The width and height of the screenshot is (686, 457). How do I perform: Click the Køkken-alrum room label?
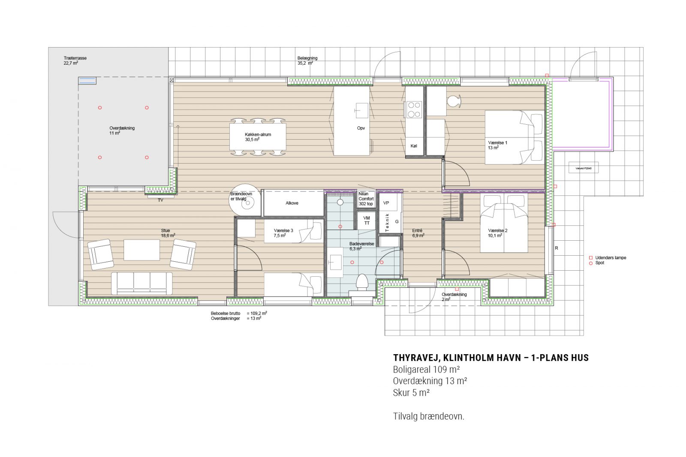coord(258,137)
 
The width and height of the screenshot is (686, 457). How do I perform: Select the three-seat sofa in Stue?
coord(142,283)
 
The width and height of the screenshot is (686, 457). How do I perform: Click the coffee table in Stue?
coord(142,250)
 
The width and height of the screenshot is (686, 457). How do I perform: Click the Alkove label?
coord(292,203)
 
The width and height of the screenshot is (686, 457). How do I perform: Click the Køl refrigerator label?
coord(414,146)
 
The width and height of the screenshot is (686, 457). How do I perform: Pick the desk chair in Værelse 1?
coord(454,101)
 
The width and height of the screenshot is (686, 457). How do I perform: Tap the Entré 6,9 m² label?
coord(418,233)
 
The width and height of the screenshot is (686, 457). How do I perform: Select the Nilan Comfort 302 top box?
coord(366,199)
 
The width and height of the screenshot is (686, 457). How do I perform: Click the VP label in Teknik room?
coord(386,203)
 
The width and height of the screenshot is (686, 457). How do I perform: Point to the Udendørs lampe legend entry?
coord(611,257)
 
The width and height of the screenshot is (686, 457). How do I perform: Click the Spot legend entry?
coord(599,263)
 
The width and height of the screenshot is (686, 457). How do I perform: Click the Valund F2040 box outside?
coord(583,168)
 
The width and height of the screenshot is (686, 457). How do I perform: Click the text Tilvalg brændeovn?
coord(428,416)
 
